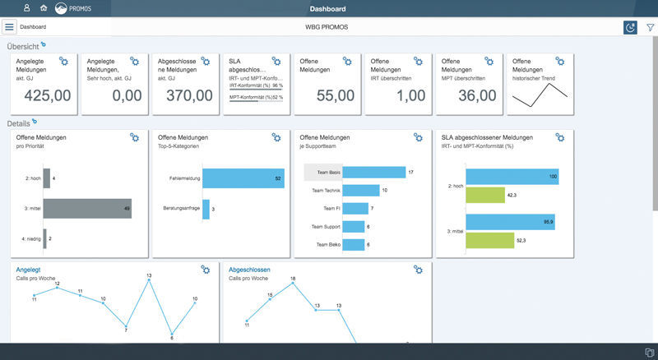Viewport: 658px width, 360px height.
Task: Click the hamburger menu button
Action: point(10,27)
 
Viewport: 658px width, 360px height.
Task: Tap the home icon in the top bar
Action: point(43,8)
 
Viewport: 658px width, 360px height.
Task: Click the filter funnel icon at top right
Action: point(650,27)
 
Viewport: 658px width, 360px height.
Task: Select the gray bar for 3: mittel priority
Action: point(87,208)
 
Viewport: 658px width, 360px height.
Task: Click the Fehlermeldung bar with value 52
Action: point(242,178)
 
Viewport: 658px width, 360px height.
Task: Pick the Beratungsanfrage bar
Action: point(206,209)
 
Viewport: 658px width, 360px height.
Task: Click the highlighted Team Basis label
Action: point(322,173)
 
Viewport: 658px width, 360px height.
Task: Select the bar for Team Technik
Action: point(360,190)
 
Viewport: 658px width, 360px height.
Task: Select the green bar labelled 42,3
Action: point(484,195)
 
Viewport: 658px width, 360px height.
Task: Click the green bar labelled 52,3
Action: point(489,241)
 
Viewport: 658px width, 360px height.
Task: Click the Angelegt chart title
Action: point(28,270)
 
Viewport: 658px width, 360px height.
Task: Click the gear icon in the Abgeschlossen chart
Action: point(418,270)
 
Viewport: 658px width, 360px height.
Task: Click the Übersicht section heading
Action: point(22,46)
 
